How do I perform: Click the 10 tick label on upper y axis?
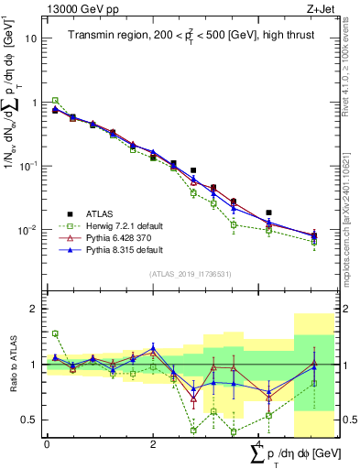tap(32, 38)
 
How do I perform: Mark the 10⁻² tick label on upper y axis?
tap(30, 230)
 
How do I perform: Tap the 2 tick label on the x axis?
tap(153, 444)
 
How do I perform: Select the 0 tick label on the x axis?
tap(47, 444)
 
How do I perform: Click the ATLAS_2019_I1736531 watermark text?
tap(183, 274)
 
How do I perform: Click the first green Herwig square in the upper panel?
tap(55, 101)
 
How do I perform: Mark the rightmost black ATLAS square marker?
tap(268, 213)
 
